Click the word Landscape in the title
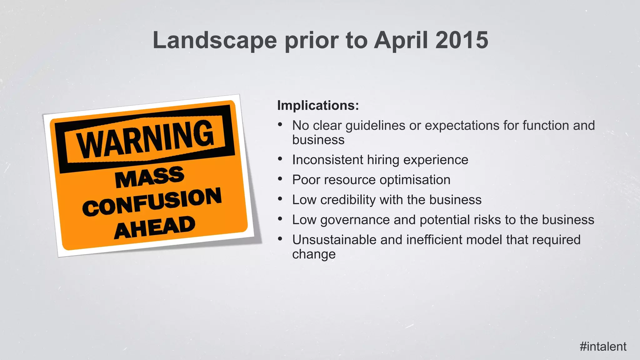pos(215,40)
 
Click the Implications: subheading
pos(318,105)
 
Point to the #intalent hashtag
pos(603,346)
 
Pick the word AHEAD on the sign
pos(155,227)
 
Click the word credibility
pos(348,200)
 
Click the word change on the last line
pos(314,254)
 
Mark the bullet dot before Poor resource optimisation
pos(280,179)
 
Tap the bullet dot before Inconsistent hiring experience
pos(280,159)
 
